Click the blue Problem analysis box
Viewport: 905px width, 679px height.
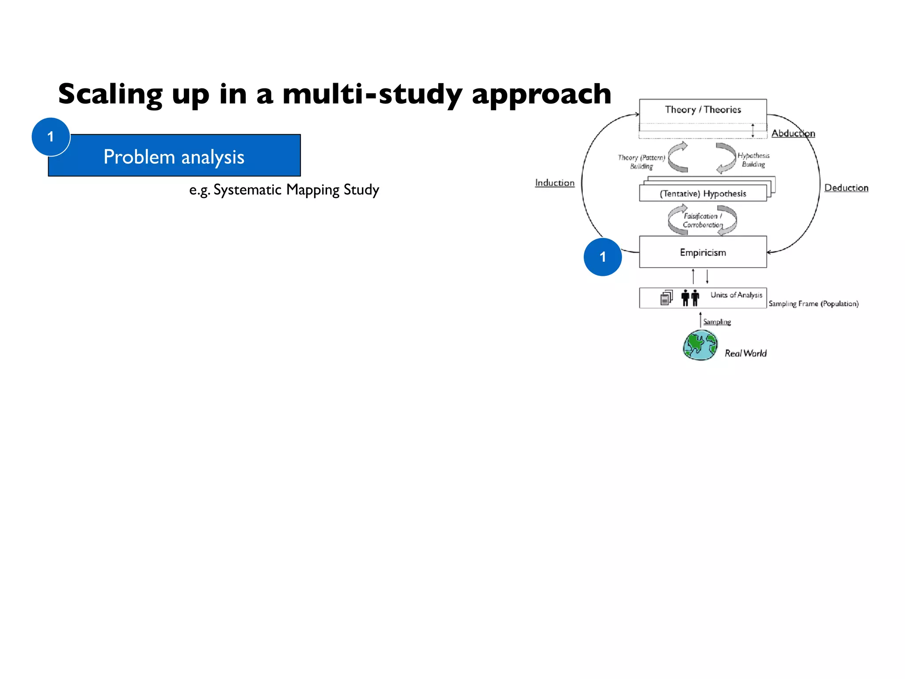tap(186, 156)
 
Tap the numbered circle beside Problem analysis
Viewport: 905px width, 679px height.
tap(51, 137)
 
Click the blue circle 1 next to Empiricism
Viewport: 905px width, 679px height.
tap(602, 257)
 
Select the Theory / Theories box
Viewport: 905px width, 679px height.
tap(703, 110)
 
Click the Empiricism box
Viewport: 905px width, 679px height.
tap(703, 252)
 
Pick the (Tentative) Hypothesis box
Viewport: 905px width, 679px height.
tap(703, 194)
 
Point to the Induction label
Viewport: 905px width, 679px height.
tap(555, 183)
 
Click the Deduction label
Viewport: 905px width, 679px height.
tap(846, 188)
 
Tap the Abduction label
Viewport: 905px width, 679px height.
tap(793, 134)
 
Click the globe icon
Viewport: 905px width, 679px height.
tap(700, 345)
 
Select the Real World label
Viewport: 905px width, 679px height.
tap(745, 353)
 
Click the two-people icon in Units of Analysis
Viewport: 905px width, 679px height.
tap(690, 298)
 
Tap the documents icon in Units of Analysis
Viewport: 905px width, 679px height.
tap(666, 298)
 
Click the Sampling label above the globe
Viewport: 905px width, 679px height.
tap(717, 322)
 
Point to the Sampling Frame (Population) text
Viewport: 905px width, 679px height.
tap(813, 304)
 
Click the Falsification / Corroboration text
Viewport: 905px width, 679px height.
tap(703, 220)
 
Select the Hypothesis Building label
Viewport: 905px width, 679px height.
tap(753, 160)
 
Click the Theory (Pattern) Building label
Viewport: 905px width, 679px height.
tap(641, 162)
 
